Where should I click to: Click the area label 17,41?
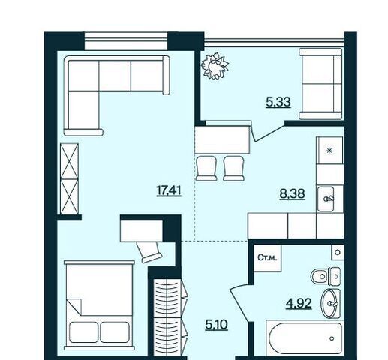[x=169, y=191]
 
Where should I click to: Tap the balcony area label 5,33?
[x=278, y=102]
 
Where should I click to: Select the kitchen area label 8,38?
[x=292, y=193]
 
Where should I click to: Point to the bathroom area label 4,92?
[x=299, y=304]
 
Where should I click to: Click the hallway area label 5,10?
[x=216, y=325]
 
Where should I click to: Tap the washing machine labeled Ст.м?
[x=267, y=258]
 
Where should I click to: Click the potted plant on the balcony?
[x=215, y=66]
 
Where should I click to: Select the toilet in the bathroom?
[x=326, y=276]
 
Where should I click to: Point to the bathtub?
[x=304, y=337]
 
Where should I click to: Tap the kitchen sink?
[x=326, y=199]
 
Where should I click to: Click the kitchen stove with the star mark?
[x=329, y=150]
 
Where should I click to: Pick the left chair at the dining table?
[x=206, y=168]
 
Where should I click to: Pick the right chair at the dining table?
[x=233, y=168]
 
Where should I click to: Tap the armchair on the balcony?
[x=320, y=84]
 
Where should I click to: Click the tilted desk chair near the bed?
[x=149, y=252]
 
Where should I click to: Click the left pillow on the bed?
[x=83, y=331]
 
